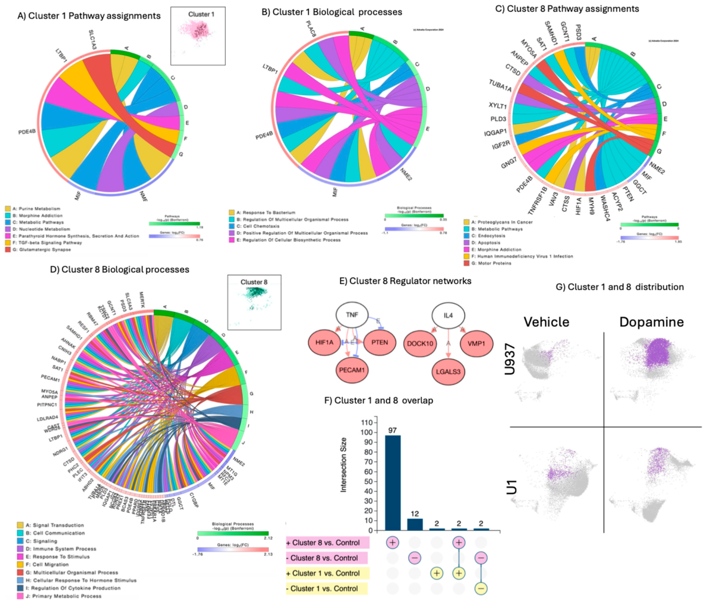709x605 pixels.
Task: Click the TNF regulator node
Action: tap(352, 315)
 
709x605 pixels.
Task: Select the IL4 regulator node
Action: tap(448, 315)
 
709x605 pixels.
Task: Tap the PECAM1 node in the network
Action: tap(352, 370)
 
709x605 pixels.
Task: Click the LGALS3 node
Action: tap(448, 372)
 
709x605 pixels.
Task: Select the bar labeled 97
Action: tap(393, 482)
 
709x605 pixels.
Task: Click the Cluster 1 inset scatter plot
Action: tap(198, 36)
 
